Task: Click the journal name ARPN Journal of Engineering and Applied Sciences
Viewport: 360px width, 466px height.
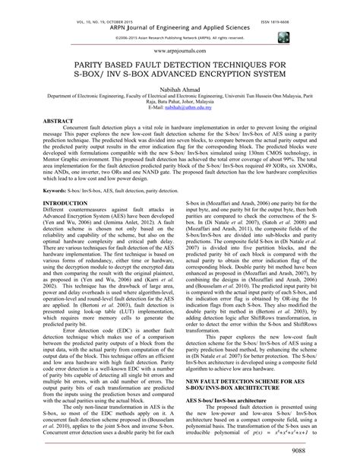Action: pyautogui.click(x=180, y=19)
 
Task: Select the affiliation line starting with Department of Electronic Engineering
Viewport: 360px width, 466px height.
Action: pyautogui.click(x=180, y=98)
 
